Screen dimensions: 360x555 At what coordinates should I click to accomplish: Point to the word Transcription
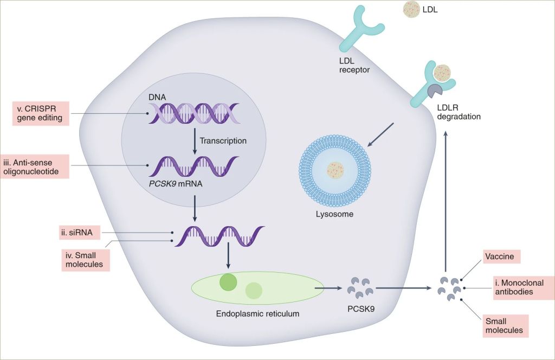pos(223,140)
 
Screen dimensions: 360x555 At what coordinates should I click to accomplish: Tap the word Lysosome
pos(334,214)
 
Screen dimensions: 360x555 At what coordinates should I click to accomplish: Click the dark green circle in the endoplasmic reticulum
pos(228,282)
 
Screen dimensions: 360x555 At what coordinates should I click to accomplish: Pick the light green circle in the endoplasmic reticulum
pos(254,291)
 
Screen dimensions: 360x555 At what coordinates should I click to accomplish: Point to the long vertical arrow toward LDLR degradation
pos(446,201)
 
